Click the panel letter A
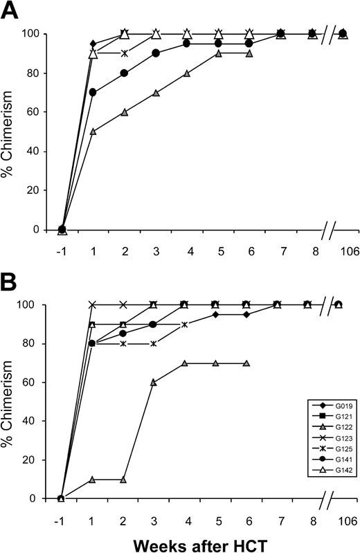pyautogui.click(x=9, y=11)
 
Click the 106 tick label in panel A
pyautogui.click(x=343, y=251)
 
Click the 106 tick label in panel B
pyautogui.click(x=343, y=518)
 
